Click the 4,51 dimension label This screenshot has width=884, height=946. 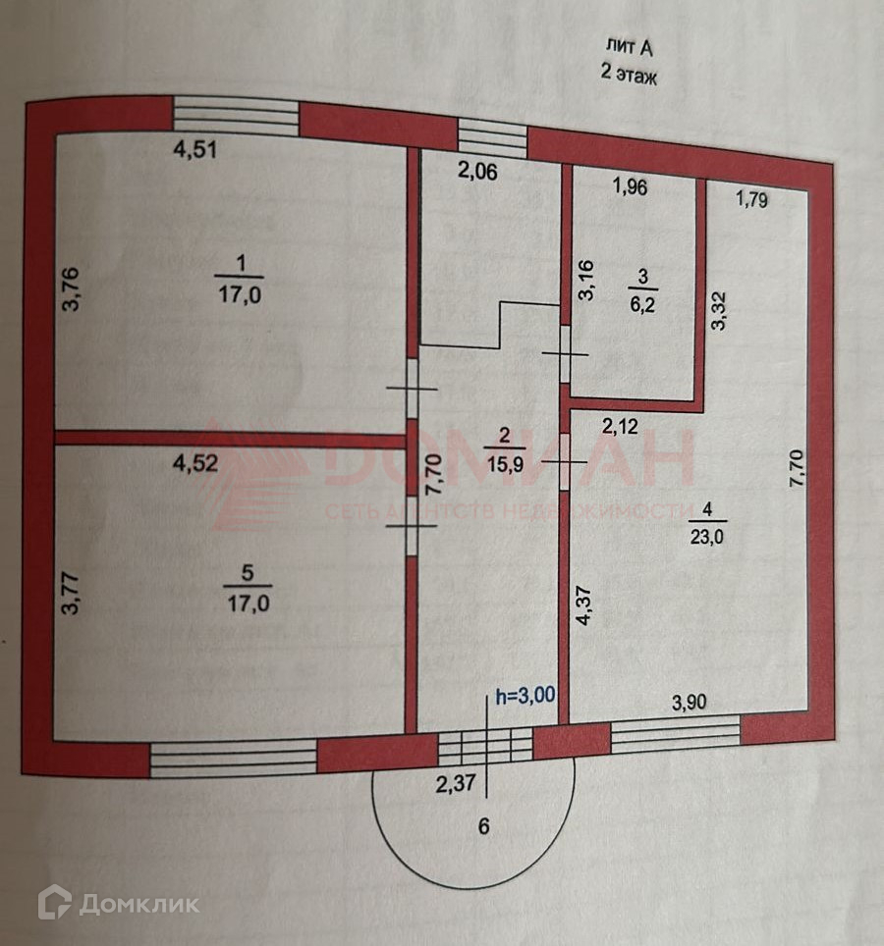point(194,150)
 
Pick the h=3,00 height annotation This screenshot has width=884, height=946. point(525,696)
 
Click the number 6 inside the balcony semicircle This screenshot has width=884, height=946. point(482,826)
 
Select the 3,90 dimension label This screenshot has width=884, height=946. point(691,703)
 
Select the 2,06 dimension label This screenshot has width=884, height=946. point(478,172)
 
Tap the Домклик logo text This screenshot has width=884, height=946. point(138,904)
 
